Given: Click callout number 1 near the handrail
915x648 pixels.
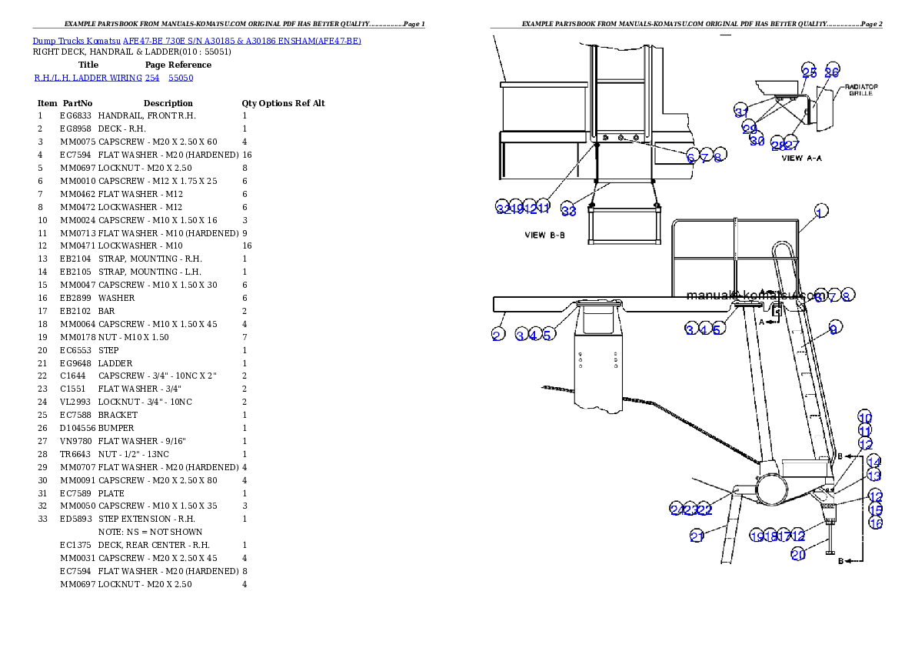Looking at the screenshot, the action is tap(821, 212).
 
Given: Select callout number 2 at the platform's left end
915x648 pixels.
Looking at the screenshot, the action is tap(497, 335).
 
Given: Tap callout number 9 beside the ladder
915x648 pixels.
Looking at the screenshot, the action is tap(833, 329).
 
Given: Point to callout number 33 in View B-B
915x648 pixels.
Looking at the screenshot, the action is tap(568, 211).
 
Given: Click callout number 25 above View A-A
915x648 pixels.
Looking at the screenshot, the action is tap(809, 72).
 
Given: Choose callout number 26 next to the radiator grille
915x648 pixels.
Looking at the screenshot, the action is tap(831, 72).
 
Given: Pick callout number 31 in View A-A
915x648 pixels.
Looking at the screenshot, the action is tap(741, 112).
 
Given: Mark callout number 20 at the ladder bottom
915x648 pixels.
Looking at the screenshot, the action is tap(798, 554).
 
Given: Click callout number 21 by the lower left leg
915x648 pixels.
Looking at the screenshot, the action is tap(697, 536).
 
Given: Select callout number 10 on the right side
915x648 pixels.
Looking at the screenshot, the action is tap(865, 418).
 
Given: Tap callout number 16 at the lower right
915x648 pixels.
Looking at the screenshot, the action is tap(875, 523).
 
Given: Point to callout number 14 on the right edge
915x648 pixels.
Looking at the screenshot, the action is tap(873, 462).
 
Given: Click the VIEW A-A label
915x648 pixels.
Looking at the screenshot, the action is tap(802, 158).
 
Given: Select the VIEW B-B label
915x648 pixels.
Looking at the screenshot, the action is tap(544, 235).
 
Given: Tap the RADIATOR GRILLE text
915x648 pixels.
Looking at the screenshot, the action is tap(861, 90).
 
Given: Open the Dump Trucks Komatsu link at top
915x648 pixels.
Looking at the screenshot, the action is tap(197, 41).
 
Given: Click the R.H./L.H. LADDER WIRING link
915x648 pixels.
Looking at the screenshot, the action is tap(114, 78).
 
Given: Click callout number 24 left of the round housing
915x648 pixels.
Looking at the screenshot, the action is tap(677, 509).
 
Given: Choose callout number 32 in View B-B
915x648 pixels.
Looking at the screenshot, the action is tap(502, 208).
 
